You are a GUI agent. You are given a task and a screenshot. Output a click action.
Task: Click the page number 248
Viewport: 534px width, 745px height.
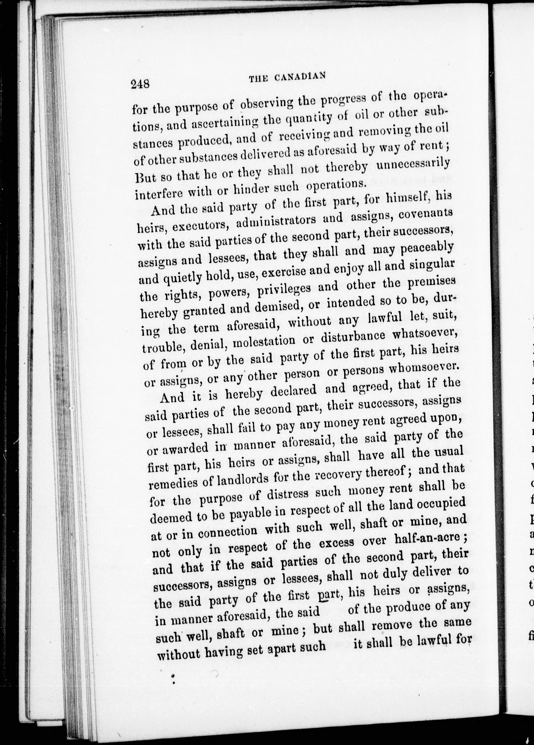pyautogui.click(x=140, y=85)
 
